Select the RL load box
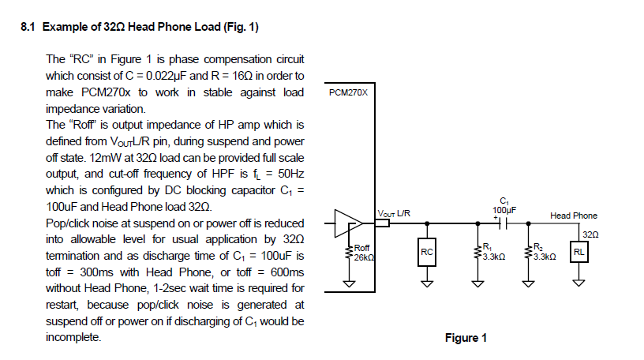tap(578, 252)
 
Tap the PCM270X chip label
tap(347, 92)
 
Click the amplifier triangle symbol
tap(346, 223)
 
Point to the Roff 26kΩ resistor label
tap(363, 253)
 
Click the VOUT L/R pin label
tap(394, 213)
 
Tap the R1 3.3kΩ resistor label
tap(492, 253)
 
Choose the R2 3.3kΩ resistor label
tap(545, 253)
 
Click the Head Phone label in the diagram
tap(574, 216)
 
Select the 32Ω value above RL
tap(590, 234)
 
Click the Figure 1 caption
tap(466, 338)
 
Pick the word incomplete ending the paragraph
tap(74, 337)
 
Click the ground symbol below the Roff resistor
tap(347, 285)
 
